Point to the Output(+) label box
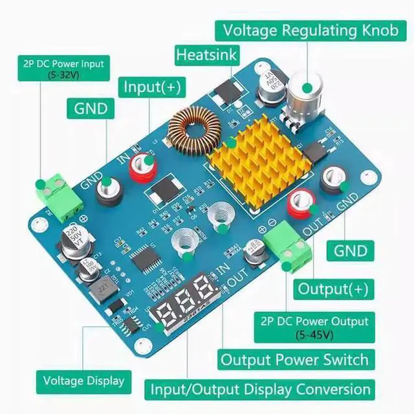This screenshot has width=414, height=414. tap(332, 288)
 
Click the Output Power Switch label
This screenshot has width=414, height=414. tap(294, 360)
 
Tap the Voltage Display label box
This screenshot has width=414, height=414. tap(83, 380)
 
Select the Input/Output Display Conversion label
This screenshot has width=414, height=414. tap(261, 389)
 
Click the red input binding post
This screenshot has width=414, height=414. tap(141, 167)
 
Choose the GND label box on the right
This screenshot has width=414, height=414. tap(351, 250)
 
